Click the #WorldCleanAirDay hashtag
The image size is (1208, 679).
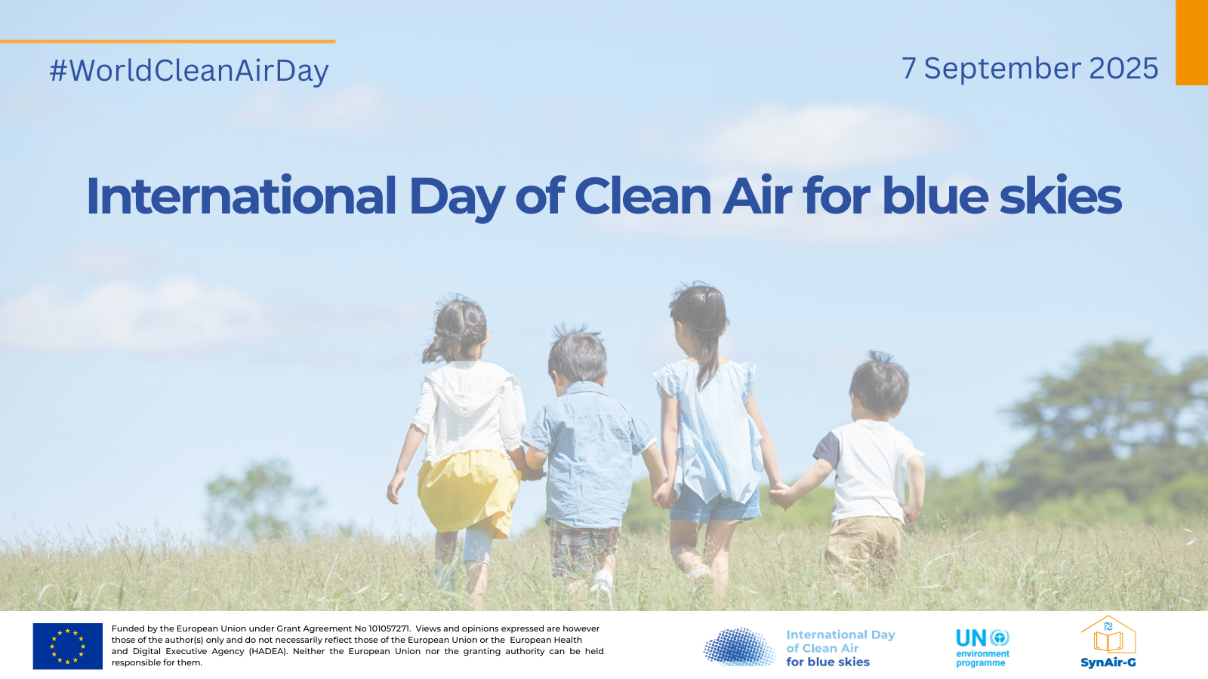[x=190, y=71]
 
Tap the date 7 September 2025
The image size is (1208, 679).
[x=1030, y=69]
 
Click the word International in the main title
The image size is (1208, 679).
[x=241, y=196]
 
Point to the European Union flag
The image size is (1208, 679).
[x=68, y=646]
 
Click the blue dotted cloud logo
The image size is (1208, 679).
[x=739, y=647]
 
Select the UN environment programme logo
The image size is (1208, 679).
[x=982, y=648]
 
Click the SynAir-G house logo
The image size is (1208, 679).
[x=1108, y=642]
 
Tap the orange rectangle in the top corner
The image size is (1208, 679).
[x=1192, y=42]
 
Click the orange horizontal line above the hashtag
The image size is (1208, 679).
[x=168, y=41]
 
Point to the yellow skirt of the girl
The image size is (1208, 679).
[x=468, y=493]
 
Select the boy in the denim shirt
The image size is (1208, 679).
[x=588, y=458]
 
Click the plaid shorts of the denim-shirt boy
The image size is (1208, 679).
[x=584, y=547]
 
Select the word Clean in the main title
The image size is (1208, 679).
[x=643, y=196]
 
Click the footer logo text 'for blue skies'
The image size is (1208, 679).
[x=827, y=662]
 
